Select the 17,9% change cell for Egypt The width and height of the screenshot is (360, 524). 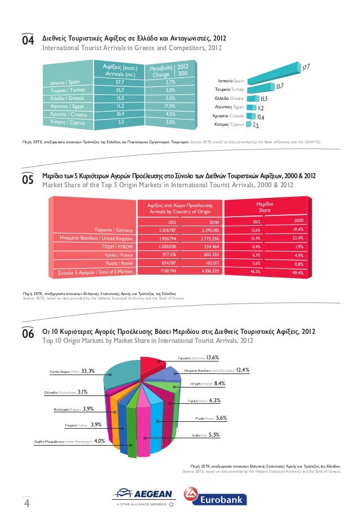[x=166, y=105]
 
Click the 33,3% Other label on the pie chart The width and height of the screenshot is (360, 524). [x=72, y=371]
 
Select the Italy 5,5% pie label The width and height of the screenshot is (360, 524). [x=206, y=435]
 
